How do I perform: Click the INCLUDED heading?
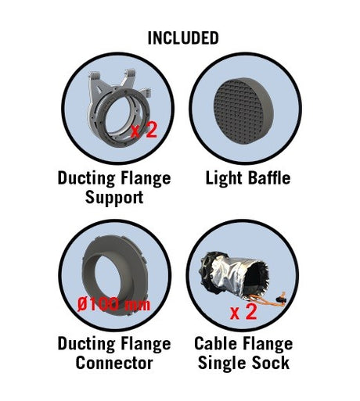(x=183, y=38)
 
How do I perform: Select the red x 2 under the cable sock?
(x=243, y=312)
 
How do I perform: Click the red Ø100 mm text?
(x=113, y=304)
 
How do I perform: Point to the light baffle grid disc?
(x=243, y=111)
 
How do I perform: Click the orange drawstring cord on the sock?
(x=268, y=301)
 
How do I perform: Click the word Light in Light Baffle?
(x=224, y=178)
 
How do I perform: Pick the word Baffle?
(x=268, y=177)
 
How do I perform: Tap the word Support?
(x=114, y=198)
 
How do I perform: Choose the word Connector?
(x=114, y=363)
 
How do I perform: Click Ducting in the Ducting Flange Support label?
(x=86, y=179)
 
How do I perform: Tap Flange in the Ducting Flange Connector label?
(x=146, y=345)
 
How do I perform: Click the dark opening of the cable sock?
(x=255, y=280)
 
